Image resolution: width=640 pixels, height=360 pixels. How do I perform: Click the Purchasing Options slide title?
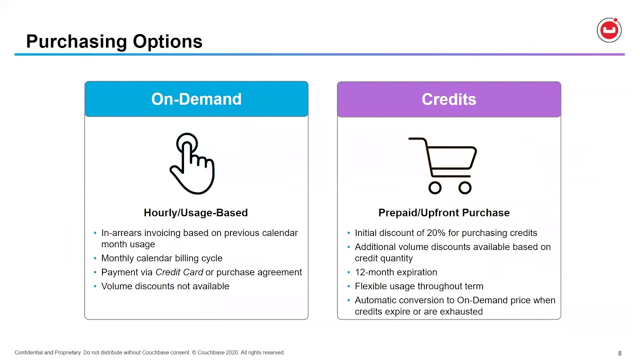pyautogui.click(x=114, y=41)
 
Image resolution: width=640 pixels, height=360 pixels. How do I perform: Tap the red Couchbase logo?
pyautogui.click(x=609, y=30)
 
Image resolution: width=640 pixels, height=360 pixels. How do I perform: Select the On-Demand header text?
pyautogui.click(x=196, y=99)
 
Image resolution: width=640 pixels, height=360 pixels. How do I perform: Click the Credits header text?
pyautogui.click(x=449, y=99)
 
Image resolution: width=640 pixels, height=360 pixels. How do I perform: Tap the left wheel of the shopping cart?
pyautogui.click(x=435, y=187)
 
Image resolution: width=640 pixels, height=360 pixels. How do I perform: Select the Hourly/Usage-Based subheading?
pyautogui.click(x=195, y=212)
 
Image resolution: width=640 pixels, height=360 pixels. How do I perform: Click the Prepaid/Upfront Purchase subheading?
pyautogui.click(x=444, y=212)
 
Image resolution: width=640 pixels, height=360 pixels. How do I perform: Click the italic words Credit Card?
pyautogui.click(x=179, y=272)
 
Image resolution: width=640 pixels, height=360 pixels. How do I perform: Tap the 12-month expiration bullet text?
pyautogui.click(x=396, y=272)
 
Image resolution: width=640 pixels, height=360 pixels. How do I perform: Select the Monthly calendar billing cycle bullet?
pyautogui.click(x=161, y=258)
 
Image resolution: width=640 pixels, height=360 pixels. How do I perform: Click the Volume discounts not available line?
pyautogui.click(x=165, y=286)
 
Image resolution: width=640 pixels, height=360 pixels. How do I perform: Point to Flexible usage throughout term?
pyautogui.click(x=419, y=286)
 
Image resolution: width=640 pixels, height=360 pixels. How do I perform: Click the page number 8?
pyautogui.click(x=619, y=353)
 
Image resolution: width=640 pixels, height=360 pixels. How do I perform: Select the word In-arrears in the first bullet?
pyautogui.click(x=121, y=233)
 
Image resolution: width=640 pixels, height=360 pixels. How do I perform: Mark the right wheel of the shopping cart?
pyautogui.click(x=465, y=187)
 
